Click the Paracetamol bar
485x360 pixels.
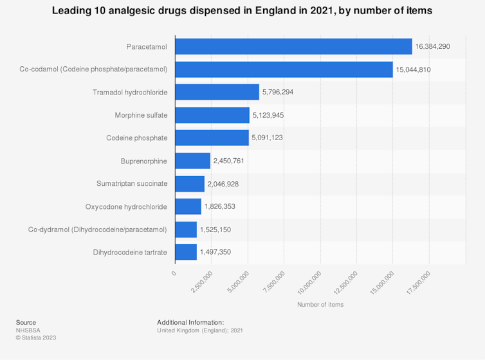293,46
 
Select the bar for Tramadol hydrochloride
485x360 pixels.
217,92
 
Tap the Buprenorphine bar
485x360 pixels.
192,161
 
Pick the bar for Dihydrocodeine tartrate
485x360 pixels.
186,252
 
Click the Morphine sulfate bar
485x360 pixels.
212,115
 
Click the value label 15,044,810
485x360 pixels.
417,69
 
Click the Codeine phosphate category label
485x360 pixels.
136,138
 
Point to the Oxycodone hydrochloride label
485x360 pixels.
126,207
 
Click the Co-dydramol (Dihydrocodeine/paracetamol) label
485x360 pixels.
98,230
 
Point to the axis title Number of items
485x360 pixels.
320,305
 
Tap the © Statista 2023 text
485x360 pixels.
36,337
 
